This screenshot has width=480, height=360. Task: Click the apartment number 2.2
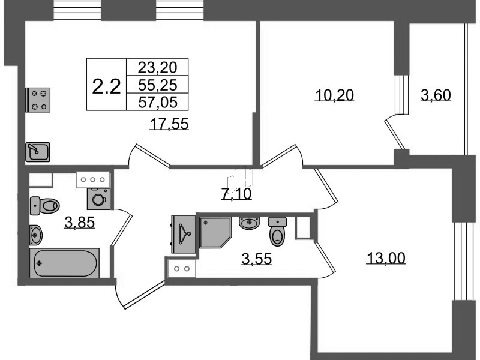click(107, 86)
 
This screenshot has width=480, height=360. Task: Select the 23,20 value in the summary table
click(157, 67)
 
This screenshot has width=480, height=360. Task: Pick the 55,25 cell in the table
click(157, 85)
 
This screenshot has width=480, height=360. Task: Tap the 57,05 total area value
click(158, 101)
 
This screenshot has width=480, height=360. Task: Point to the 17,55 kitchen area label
click(169, 124)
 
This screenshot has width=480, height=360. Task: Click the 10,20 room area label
click(334, 95)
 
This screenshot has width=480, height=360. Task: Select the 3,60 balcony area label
click(436, 95)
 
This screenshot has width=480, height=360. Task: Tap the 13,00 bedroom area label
click(386, 258)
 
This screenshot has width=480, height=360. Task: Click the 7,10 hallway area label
click(236, 194)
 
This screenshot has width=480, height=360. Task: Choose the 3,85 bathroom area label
click(80, 222)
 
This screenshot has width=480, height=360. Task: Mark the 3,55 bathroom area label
click(257, 259)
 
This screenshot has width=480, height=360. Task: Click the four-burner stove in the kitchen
click(38, 100)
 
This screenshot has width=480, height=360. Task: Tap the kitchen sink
click(38, 152)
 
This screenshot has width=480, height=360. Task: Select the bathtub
click(65, 263)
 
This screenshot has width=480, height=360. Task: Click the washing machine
click(98, 199)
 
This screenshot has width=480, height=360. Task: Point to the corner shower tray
click(215, 232)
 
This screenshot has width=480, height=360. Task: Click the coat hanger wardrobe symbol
click(184, 235)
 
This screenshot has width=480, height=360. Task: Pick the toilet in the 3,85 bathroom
click(44, 206)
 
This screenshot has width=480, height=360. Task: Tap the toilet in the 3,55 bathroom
click(277, 232)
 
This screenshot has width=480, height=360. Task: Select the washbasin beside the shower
click(249, 223)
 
